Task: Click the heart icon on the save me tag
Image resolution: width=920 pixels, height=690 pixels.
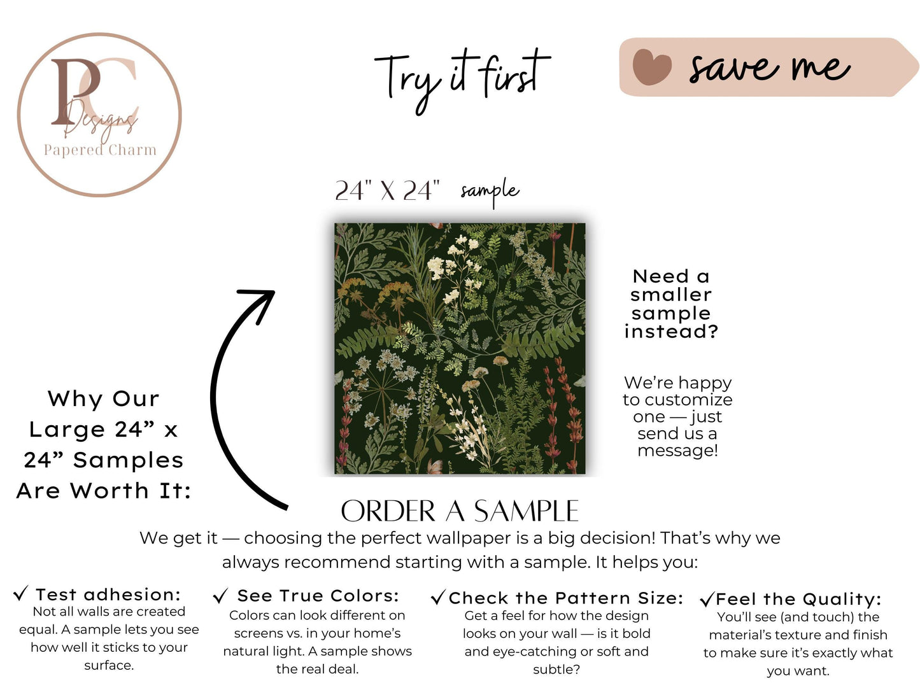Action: coord(651,67)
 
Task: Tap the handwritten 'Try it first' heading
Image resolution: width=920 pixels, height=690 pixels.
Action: coord(462,80)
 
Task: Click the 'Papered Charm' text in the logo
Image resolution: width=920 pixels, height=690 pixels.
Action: coord(100,150)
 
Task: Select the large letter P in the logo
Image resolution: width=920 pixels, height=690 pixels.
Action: coord(75,91)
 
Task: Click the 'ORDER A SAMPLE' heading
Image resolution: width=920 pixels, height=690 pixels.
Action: coord(460,510)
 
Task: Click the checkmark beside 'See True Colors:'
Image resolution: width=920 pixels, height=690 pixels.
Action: coord(220,595)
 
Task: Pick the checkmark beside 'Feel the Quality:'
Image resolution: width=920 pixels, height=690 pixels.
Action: coord(707,599)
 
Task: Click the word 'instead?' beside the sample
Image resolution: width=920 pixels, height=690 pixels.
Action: coord(671,332)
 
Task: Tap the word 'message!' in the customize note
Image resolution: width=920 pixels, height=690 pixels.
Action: coord(677,451)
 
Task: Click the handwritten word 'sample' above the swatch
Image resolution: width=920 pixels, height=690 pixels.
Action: coord(490,192)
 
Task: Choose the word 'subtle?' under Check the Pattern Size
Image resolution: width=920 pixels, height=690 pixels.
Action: coord(556,670)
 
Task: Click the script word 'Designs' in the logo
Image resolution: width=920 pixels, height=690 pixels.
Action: coord(101,120)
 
